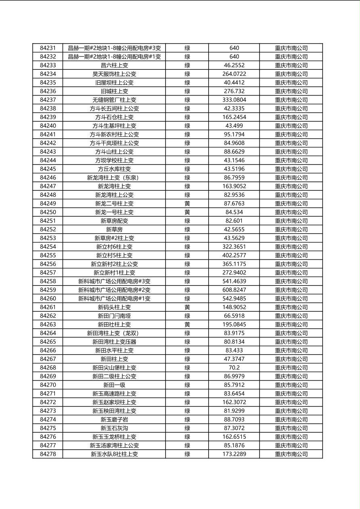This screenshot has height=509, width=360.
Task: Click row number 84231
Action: click(x=48, y=48)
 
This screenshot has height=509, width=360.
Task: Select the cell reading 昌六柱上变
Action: click(x=114, y=65)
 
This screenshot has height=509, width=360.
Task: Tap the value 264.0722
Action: click(x=234, y=74)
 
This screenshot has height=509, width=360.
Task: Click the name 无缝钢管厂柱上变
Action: click(x=114, y=100)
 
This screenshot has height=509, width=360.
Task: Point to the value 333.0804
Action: click(x=234, y=100)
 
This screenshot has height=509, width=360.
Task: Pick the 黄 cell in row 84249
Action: click(x=187, y=204)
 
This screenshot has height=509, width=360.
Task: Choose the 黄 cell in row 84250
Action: click(x=187, y=212)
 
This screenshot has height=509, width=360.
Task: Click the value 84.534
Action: click(x=234, y=212)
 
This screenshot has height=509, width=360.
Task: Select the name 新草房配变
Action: click(x=114, y=221)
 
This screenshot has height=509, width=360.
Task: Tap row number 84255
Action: click(x=48, y=255)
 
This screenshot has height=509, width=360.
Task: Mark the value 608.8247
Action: click(x=234, y=290)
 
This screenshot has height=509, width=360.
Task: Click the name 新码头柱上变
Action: click(x=114, y=307)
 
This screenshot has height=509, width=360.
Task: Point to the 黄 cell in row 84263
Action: click(x=187, y=325)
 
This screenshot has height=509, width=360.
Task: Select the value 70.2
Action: click(x=234, y=368)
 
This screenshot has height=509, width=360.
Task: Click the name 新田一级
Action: click(x=114, y=385)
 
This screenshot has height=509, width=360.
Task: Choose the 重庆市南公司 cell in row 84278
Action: click(x=291, y=454)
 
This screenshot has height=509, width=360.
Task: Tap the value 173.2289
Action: click(x=234, y=454)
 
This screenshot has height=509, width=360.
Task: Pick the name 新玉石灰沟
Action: click(x=114, y=428)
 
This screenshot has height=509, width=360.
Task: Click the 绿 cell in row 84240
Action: click(x=187, y=126)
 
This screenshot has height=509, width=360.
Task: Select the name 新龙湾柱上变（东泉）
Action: click(x=114, y=177)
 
